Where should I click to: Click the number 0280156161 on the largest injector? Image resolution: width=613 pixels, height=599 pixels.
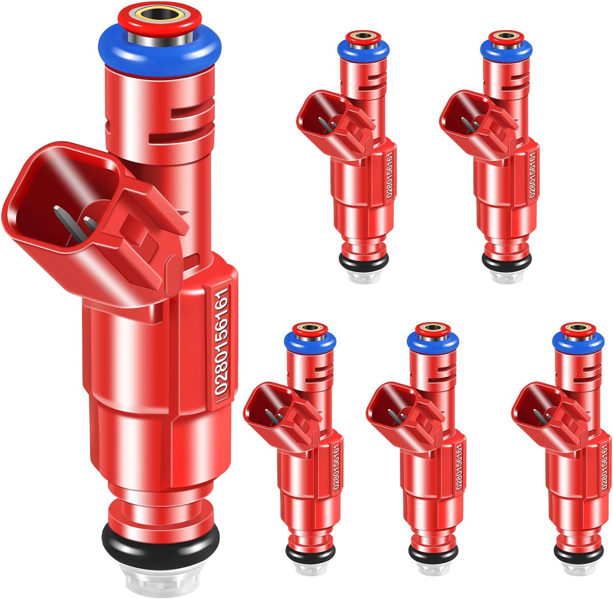(x=221, y=342)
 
